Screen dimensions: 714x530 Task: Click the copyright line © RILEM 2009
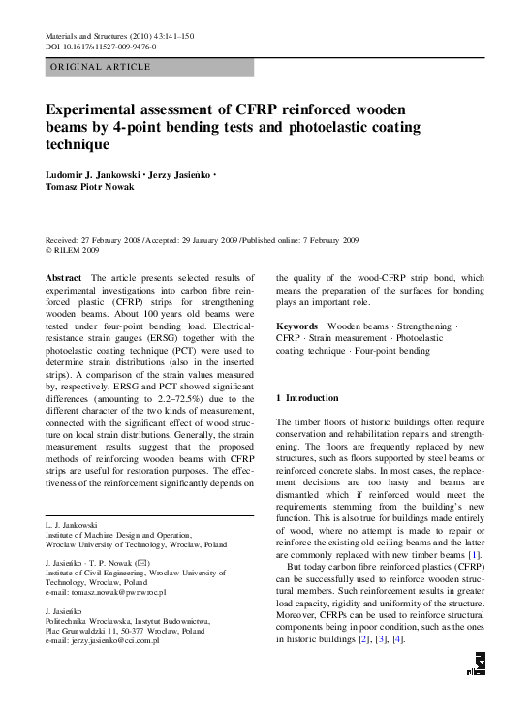(x=74, y=249)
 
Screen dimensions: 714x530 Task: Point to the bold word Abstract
(x=64, y=277)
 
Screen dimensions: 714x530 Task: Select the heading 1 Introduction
(x=308, y=398)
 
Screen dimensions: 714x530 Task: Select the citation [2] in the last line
(x=362, y=667)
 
